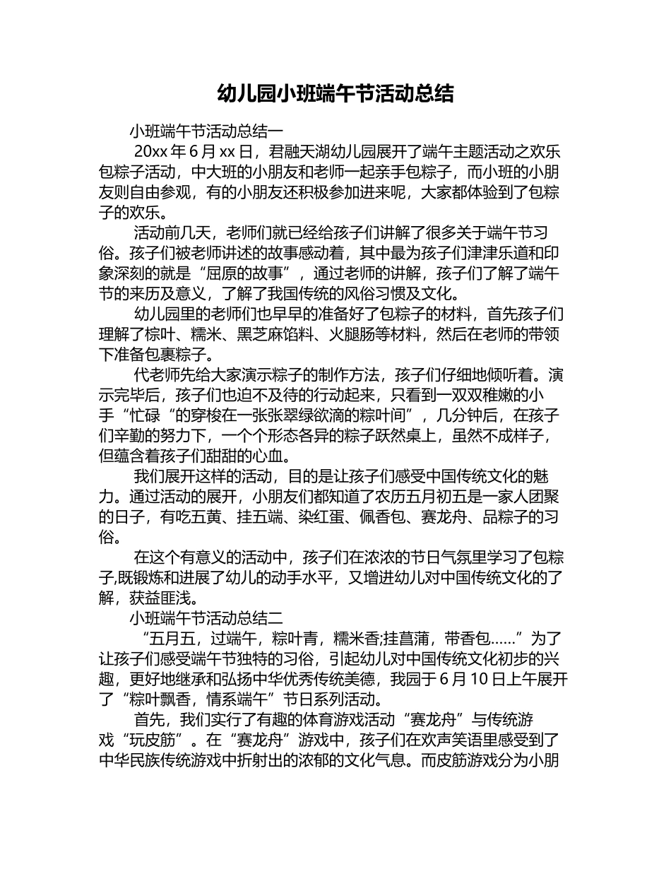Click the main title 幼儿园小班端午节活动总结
[x=335, y=93]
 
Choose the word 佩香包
[x=378, y=517]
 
